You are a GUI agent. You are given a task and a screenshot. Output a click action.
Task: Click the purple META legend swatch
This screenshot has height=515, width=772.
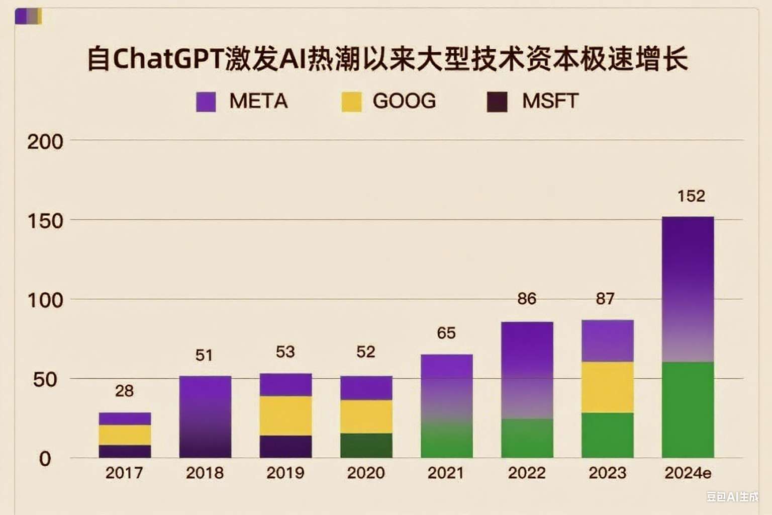[x=206, y=102]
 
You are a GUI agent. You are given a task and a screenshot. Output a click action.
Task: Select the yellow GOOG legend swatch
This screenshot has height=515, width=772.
[x=351, y=102]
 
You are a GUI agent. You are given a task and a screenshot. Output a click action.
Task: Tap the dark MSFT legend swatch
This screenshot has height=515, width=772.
[x=497, y=102]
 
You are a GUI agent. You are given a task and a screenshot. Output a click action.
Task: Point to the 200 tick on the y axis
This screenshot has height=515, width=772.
[x=45, y=142]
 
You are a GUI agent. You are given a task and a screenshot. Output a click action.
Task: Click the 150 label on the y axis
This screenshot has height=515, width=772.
[x=45, y=221]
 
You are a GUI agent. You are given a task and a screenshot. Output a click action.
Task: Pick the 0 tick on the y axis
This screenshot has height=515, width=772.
[x=45, y=459]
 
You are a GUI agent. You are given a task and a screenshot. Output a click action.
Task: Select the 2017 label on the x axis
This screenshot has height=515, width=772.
[x=124, y=473]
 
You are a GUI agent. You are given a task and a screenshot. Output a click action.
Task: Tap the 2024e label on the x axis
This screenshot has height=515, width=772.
[x=688, y=473]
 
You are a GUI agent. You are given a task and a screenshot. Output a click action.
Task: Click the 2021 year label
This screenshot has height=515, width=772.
[x=446, y=473]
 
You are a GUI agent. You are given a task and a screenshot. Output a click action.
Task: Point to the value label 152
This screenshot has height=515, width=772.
[x=691, y=196]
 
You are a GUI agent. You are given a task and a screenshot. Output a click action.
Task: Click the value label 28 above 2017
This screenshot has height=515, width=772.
[x=124, y=391]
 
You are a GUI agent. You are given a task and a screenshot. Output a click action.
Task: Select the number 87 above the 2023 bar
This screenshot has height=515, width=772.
[x=605, y=299]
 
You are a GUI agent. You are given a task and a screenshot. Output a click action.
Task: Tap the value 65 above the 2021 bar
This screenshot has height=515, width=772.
[x=446, y=333]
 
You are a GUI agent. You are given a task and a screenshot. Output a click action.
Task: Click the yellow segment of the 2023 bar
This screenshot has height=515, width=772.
[x=607, y=387]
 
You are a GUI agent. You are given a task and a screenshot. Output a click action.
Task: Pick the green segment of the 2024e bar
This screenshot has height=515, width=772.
[x=688, y=410]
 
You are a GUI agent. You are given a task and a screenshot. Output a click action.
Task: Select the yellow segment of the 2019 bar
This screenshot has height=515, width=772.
[x=285, y=415]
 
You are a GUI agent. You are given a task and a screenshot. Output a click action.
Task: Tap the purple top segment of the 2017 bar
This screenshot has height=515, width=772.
[x=125, y=418]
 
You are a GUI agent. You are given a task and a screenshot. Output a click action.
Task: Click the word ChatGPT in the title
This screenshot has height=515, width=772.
[x=168, y=59]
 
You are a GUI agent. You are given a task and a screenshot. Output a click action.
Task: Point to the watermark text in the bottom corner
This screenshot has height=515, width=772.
[x=732, y=497]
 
